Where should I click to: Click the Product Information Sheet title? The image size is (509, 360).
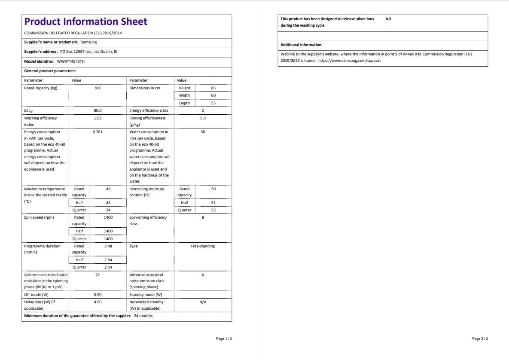click(x=86, y=22)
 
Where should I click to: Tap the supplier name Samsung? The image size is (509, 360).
click(x=89, y=42)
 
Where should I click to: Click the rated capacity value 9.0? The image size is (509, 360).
click(x=98, y=88)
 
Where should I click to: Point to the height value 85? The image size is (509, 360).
click(x=213, y=88)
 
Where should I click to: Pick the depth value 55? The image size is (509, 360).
click(x=213, y=103)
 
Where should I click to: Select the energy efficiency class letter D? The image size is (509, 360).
click(x=203, y=110)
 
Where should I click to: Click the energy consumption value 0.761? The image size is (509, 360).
click(x=98, y=132)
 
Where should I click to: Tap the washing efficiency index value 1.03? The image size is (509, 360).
click(x=98, y=118)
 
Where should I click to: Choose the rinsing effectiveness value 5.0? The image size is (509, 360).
click(x=203, y=118)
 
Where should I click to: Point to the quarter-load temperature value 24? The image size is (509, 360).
click(x=108, y=210)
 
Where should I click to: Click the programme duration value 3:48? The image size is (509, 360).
click(x=108, y=246)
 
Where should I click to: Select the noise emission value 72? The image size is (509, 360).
click(x=98, y=275)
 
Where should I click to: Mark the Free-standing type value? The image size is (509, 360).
click(x=203, y=246)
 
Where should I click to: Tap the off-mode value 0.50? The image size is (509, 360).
click(x=98, y=295)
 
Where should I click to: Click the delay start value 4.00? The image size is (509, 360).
click(x=98, y=302)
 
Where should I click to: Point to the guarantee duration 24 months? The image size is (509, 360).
click(x=143, y=316)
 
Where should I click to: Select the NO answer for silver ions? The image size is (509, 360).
click(x=388, y=19)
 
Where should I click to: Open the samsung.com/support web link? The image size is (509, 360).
click(x=349, y=61)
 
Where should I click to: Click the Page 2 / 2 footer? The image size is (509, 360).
click(x=480, y=339)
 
